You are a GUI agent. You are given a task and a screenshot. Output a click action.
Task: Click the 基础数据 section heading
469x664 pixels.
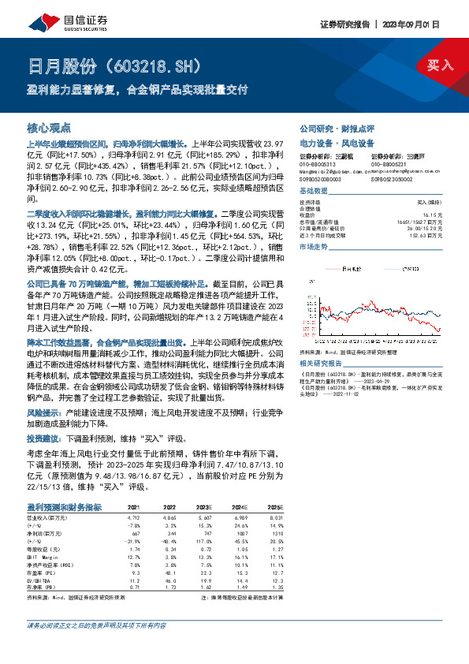[x=314, y=192]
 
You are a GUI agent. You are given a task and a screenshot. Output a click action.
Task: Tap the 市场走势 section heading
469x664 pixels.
[x=314, y=247]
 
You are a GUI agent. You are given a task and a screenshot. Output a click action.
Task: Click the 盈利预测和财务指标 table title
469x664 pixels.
[x=63, y=507]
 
